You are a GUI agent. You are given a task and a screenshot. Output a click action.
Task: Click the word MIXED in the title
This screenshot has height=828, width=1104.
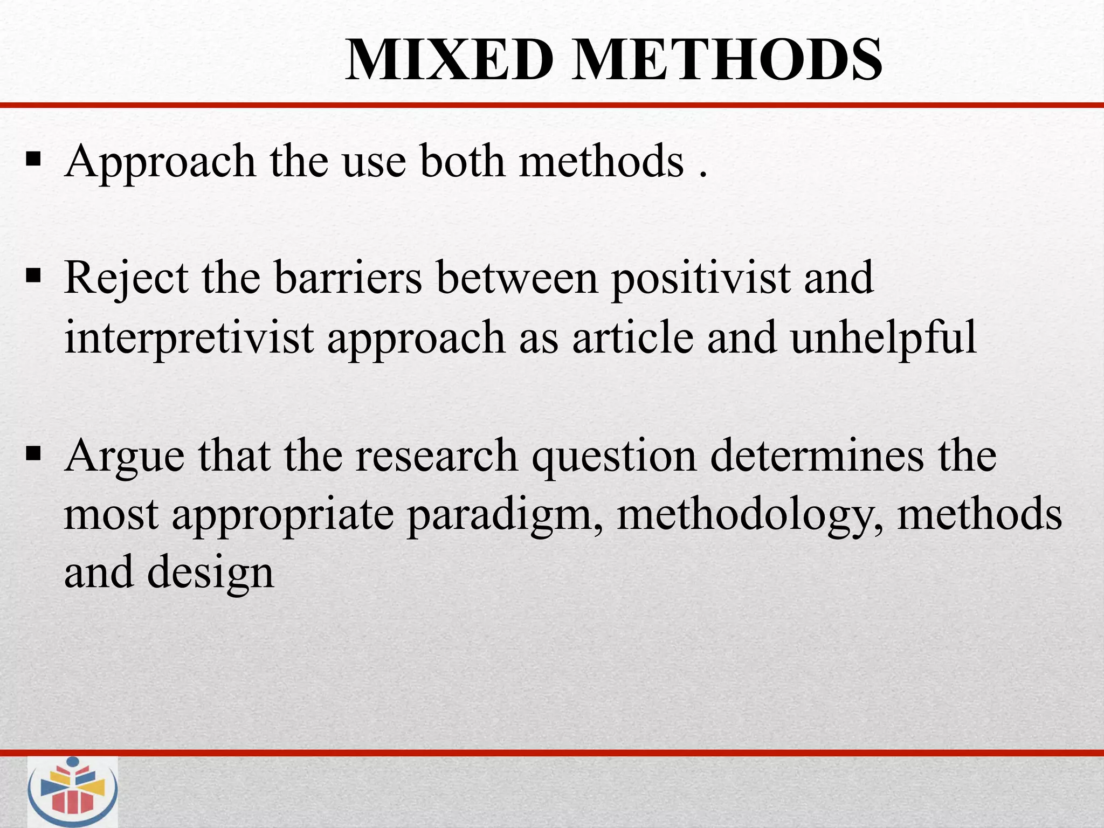pos(450,60)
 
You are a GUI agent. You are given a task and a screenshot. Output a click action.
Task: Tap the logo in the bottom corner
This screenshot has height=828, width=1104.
pos(73,791)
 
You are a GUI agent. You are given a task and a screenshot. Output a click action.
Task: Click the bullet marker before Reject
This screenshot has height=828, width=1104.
pos(33,277)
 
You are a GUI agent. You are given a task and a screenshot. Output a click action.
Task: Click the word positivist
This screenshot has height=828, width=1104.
pos(700,279)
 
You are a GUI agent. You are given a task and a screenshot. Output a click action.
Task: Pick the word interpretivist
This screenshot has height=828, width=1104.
pos(189,339)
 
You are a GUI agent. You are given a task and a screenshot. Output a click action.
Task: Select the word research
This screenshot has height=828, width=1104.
pos(437,456)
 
